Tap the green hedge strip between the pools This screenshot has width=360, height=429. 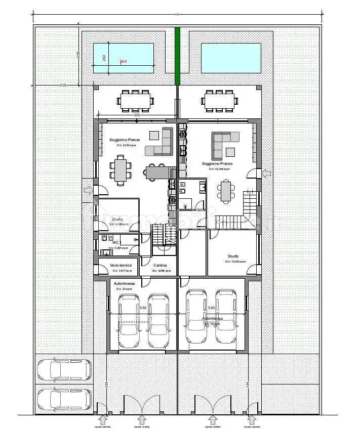pos(177,56)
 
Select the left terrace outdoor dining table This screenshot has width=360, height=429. pos(136,100)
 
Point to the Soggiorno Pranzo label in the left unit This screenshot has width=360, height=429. pos(122,140)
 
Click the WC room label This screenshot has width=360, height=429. pos(115,242)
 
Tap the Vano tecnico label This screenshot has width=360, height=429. pos(121,266)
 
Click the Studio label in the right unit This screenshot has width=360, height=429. pos(233,256)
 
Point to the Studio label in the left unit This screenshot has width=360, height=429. pos(117,219)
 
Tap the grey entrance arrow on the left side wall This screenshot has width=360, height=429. pos(88,190)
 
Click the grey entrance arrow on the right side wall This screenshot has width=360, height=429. pos(266,174)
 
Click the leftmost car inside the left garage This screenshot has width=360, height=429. pos(129,321)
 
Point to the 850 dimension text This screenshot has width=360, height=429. pos(137,115)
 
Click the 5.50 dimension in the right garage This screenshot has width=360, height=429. pos(211,307)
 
